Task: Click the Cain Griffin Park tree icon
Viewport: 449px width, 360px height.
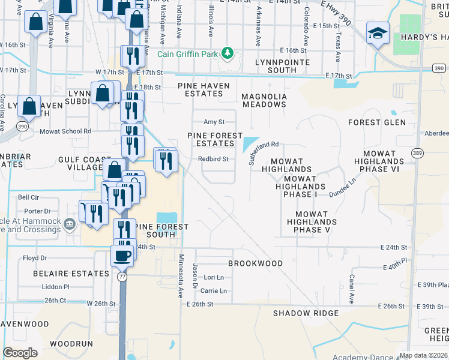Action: (227, 53)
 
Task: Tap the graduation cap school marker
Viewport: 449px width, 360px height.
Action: (378, 33)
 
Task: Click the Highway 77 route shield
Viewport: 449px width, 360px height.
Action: (123, 277)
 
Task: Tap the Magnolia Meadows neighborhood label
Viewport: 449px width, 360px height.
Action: (264, 100)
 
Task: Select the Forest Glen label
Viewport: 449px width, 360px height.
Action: (377, 122)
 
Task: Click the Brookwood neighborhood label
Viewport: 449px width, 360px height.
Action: (255, 263)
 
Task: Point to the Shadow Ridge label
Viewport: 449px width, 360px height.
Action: (306, 313)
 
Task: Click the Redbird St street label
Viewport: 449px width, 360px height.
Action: (214, 159)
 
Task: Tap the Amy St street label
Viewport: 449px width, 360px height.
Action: (214, 122)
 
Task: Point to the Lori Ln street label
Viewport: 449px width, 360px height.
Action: (214, 277)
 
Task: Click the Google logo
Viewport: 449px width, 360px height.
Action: (20, 353)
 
